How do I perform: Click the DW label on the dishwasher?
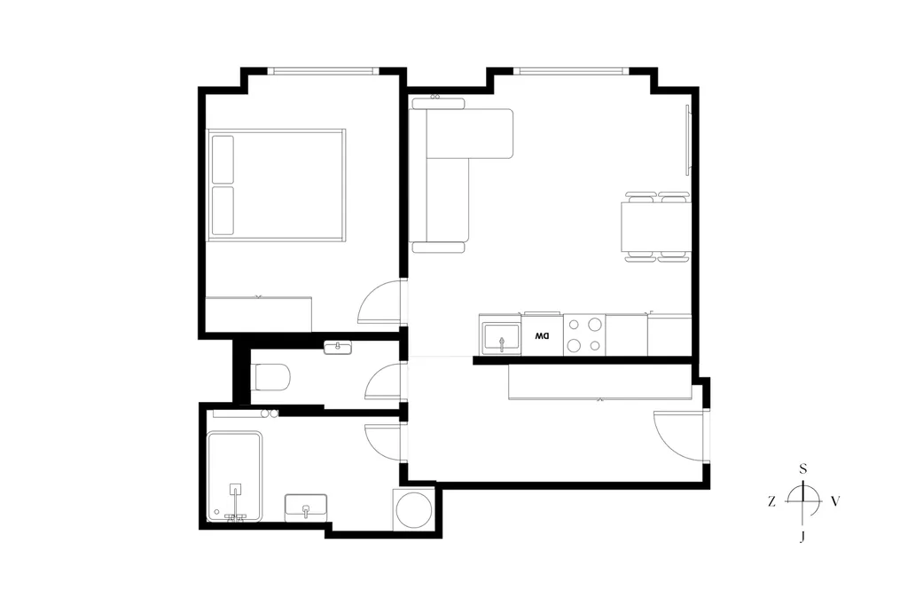(542, 336)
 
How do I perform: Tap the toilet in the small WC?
(271, 376)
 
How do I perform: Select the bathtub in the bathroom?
(234, 476)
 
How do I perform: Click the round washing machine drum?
(414, 510)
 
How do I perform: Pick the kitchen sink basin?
(502, 338)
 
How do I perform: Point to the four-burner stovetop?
(584, 334)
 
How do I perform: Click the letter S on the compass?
(803, 468)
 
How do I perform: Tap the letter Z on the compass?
(771, 501)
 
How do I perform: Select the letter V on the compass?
(835, 501)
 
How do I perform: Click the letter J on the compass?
(802, 537)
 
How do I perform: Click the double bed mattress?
(277, 185)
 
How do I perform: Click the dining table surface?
(656, 226)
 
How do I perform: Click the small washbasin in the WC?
(338, 348)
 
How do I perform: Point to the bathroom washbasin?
(306, 508)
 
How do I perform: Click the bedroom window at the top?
(323, 71)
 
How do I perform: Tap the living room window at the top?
(571, 71)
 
